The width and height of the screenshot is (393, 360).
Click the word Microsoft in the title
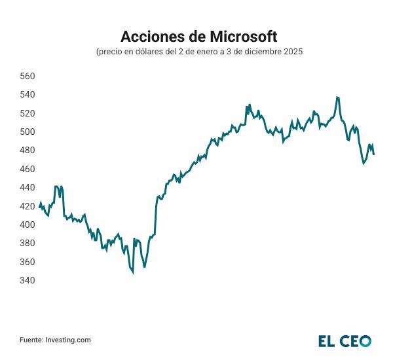pos(242,35)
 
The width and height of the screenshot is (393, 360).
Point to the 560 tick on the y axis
pos(28,76)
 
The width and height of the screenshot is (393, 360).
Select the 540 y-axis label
pos(28,95)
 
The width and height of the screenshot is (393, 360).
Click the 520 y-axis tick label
pos(28,113)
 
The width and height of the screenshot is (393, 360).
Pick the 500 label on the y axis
pos(28,132)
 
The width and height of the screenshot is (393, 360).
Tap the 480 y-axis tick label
pos(28,151)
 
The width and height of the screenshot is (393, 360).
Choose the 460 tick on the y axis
pos(28,169)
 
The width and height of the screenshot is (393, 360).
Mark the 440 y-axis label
pos(28,187)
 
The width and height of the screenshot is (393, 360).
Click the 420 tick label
pos(28,206)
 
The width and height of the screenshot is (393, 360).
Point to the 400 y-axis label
pos(28,225)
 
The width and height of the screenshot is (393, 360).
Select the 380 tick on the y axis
pos(28,243)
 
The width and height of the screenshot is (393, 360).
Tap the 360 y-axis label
pos(28,262)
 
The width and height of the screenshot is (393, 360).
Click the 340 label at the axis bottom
pos(28,280)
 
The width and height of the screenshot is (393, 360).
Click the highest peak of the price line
pos(337,97)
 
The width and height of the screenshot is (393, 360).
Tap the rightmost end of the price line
pos(374,154)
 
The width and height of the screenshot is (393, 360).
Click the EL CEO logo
pos(345,340)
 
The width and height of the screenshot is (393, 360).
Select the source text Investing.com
pos(67,340)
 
